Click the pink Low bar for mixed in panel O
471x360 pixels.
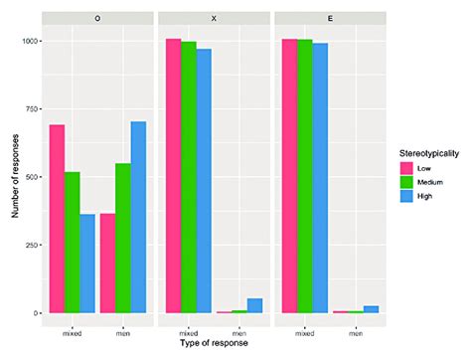point(57,219)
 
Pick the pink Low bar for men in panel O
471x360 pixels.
point(107,264)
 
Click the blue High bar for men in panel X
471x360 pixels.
point(254,305)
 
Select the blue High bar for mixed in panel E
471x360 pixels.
point(319,178)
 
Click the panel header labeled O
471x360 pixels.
point(96,18)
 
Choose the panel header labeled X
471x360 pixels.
point(213,18)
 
